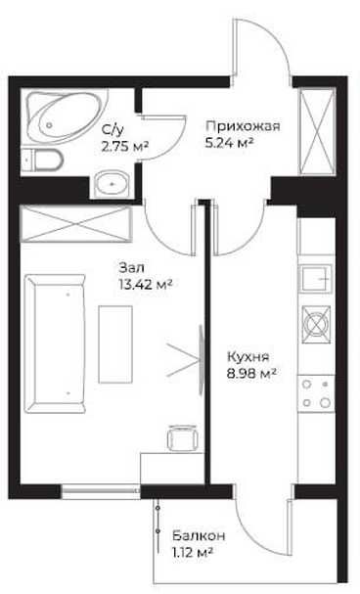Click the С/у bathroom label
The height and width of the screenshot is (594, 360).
coord(112,131)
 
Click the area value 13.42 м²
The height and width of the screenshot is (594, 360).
coord(145,284)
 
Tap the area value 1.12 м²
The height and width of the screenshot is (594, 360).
coord(193,553)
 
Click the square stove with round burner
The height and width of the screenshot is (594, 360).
coord(317,322)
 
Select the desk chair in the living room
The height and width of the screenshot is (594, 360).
coord(179,438)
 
